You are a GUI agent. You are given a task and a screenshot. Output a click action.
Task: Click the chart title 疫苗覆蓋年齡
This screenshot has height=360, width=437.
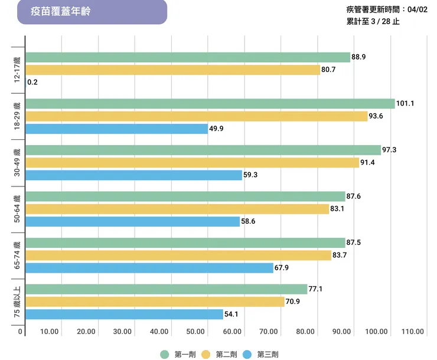point(61,12)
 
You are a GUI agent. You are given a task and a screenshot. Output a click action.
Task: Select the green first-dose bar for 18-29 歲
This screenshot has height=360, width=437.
point(210,104)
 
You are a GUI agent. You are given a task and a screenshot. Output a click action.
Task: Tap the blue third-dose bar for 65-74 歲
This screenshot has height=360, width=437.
point(149,268)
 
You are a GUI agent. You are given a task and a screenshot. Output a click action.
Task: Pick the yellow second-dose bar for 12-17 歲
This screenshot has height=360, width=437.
point(172,70)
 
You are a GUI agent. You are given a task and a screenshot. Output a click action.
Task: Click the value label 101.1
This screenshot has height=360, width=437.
point(405,103)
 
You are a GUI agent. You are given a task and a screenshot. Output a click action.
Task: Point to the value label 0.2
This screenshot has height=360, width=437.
point(32,82)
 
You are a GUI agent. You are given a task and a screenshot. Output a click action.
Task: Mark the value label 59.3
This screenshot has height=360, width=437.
point(251,175)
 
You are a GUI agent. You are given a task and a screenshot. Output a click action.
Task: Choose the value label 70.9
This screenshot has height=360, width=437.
point(293,302)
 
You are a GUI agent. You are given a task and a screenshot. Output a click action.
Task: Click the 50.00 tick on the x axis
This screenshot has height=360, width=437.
point(197,332)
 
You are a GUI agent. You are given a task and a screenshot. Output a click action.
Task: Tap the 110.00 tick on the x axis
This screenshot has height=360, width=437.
point(412,332)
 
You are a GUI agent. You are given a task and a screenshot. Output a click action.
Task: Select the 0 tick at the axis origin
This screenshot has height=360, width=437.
point(20,332)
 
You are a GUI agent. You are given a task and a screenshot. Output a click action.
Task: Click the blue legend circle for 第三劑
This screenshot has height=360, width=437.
point(247,354)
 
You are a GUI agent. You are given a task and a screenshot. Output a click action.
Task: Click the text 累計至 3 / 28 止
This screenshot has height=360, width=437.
point(373,22)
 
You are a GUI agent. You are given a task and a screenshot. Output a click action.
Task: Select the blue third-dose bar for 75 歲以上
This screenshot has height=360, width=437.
point(124,315)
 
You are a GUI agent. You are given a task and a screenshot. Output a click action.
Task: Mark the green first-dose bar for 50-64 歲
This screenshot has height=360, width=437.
point(185,197)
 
